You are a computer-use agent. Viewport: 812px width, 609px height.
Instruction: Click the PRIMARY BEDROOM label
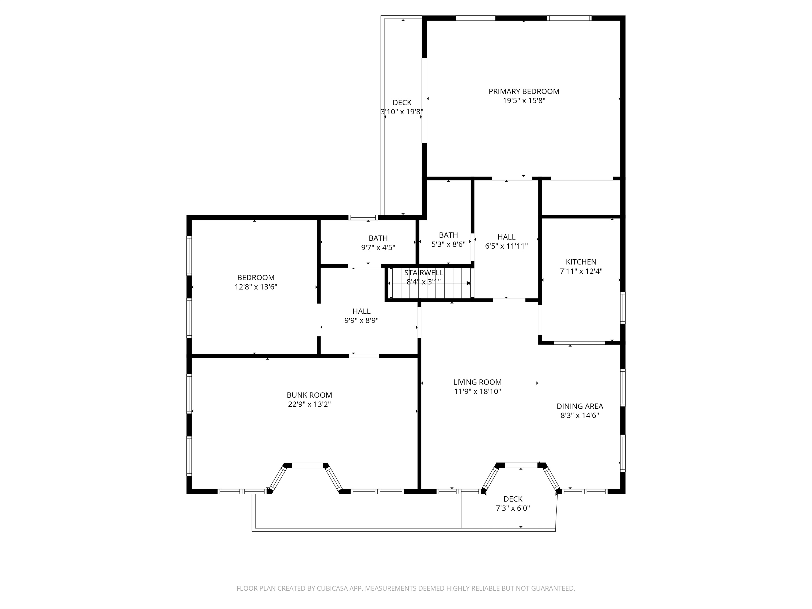524,91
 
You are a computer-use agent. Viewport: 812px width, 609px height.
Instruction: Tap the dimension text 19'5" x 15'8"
524,101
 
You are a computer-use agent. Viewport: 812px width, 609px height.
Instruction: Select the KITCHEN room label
581,262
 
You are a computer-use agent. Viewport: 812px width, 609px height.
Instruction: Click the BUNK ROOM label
309,395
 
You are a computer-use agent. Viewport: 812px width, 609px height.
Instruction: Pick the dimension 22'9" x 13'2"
309,404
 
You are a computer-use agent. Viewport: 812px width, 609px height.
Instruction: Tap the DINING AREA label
580,406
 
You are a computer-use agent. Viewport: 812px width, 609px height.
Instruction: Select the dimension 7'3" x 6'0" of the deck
513,508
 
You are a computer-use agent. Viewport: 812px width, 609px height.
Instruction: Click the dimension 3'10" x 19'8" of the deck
402,112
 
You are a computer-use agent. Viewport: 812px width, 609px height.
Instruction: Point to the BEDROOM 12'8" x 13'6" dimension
256,287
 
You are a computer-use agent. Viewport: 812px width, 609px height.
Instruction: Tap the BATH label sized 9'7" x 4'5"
378,238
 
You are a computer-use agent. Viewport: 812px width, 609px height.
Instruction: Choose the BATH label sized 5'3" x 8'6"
448,235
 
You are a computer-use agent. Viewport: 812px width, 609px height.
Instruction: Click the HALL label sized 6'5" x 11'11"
506,237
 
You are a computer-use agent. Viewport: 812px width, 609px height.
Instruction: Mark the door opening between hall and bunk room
364,356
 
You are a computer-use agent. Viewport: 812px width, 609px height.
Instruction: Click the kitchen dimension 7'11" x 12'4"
581,271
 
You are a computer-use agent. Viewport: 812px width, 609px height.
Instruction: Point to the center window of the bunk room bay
307,465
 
